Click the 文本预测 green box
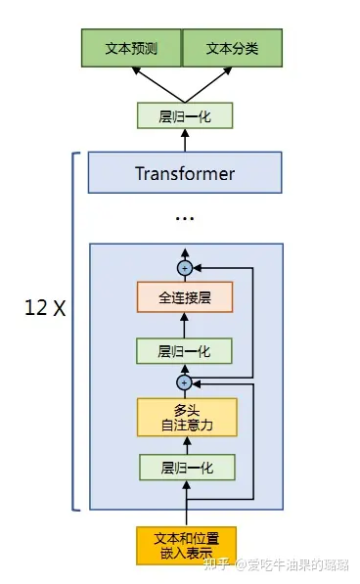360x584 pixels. pos(131,48)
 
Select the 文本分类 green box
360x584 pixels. pos(232,48)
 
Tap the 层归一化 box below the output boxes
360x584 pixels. pos(185,115)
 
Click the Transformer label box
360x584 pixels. pos(185,172)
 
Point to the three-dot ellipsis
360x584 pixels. pos(185,218)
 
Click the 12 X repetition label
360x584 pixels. pos(45,308)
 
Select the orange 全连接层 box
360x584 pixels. pos(185,297)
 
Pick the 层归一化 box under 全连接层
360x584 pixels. pos(184,351)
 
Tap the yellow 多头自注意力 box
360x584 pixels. pos(187,417)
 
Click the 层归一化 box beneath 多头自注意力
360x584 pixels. pos(187,468)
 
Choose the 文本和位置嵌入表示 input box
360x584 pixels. pos(186,546)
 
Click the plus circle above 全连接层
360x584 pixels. pos(185,268)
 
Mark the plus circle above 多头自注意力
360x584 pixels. pos(185,382)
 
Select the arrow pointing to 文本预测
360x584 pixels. pos(158,84)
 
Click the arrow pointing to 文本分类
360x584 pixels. pos(208,84)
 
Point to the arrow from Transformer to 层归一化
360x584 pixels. pos(185,140)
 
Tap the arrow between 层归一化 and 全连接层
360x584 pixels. pos(184,325)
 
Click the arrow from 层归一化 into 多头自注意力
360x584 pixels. pos(187,445)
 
